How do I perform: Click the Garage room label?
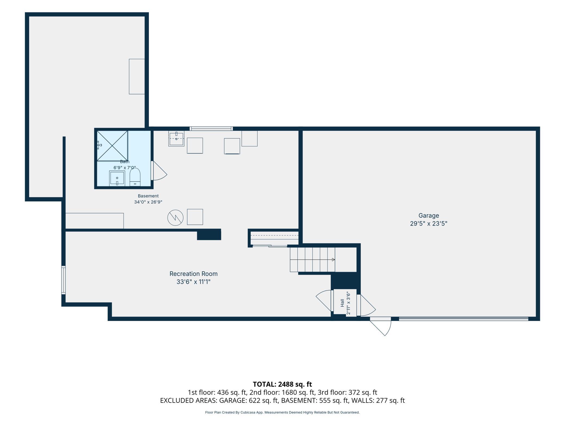point(428,216)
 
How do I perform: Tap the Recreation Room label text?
point(193,274)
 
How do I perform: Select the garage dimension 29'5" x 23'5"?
point(428,224)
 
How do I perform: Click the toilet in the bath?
point(135,177)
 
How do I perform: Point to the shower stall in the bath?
point(112,146)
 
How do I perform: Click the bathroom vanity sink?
point(117,178)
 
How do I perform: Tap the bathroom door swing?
point(159,171)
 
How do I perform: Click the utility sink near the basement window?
point(176,139)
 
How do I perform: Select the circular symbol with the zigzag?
point(175,218)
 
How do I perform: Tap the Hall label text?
point(342,303)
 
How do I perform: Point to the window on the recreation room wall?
point(64,280)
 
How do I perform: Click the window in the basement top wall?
point(211,129)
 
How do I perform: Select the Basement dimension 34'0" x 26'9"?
point(148,202)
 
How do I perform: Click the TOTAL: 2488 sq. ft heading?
point(282,384)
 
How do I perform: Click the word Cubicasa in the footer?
point(248,412)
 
